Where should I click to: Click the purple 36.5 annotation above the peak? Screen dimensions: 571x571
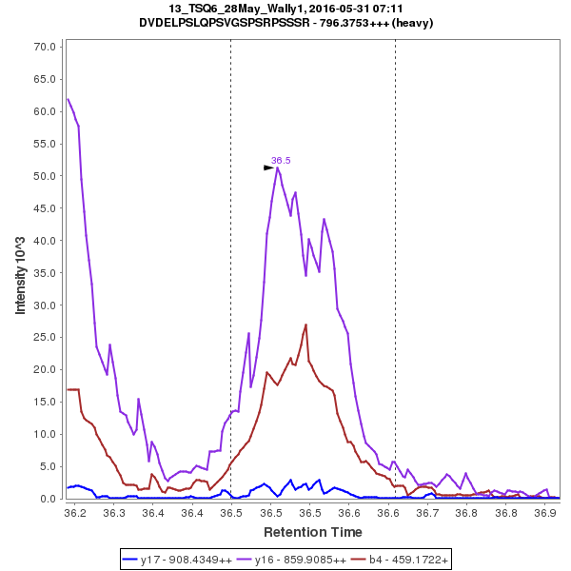tap(281, 161)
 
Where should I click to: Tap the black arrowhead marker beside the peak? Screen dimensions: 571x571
tap(268, 167)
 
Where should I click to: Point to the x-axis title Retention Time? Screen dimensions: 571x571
tap(312, 531)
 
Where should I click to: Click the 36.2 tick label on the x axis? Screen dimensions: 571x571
tap(75, 513)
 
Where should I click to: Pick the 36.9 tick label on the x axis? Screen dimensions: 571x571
tap(544, 513)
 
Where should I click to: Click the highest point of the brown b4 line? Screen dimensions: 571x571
tap(305, 325)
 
